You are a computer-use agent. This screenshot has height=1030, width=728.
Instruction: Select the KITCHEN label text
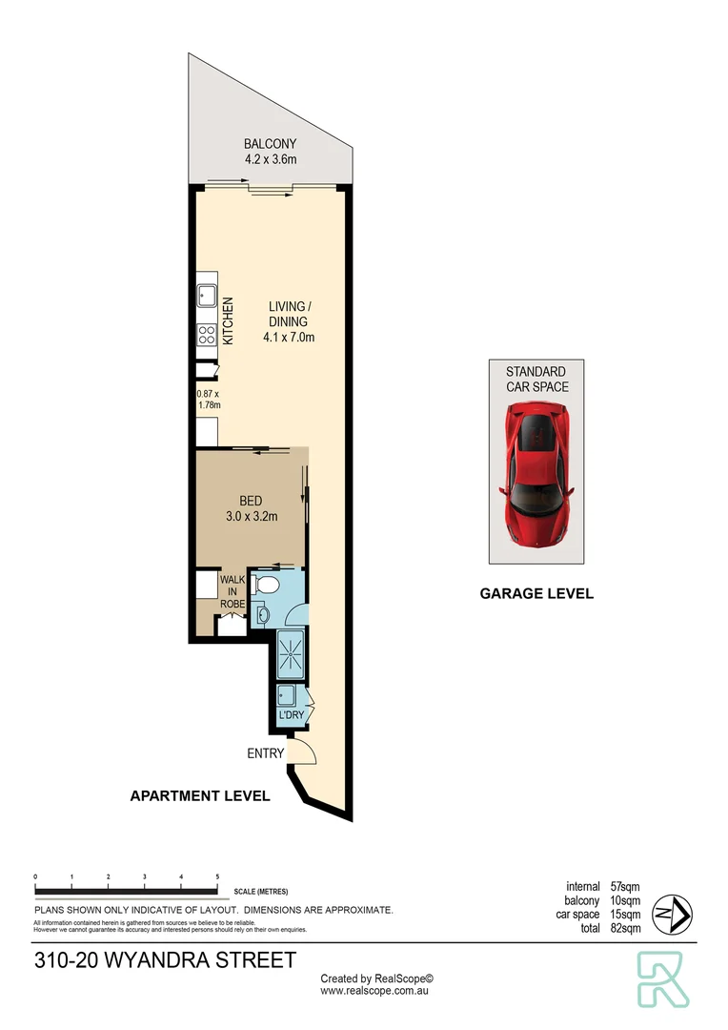(x=228, y=321)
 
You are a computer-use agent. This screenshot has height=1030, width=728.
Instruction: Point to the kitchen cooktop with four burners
(x=206, y=335)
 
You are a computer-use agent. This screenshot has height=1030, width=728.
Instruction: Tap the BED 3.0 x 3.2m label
(x=252, y=509)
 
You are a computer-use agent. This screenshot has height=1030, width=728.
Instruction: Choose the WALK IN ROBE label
(x=233, y=590)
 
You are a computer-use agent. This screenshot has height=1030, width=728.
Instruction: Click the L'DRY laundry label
(x=290, y=715)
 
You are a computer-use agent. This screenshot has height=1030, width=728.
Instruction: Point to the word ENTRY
(x=266, y=753)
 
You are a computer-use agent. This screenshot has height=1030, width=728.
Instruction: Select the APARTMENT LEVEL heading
(x=200, y=795)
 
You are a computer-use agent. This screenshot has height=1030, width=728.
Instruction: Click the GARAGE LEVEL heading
(x=536, y=593)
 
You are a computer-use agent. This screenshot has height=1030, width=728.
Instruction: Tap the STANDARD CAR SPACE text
(x=536, y=379)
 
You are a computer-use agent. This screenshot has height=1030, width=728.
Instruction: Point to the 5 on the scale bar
(x=218, y=875)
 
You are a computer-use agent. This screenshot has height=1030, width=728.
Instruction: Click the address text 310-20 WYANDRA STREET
(x=165, y=960)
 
